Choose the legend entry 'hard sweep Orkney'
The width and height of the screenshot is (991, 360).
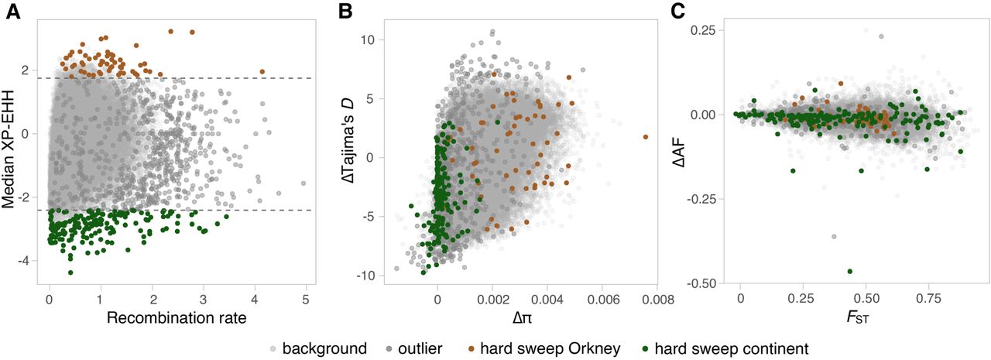[x=561, y=349]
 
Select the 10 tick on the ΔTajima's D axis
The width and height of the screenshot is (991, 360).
[x=369, y=39]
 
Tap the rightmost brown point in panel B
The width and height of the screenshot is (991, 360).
[x=646, y=137]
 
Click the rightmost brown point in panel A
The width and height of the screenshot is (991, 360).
[x=262, y=72]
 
